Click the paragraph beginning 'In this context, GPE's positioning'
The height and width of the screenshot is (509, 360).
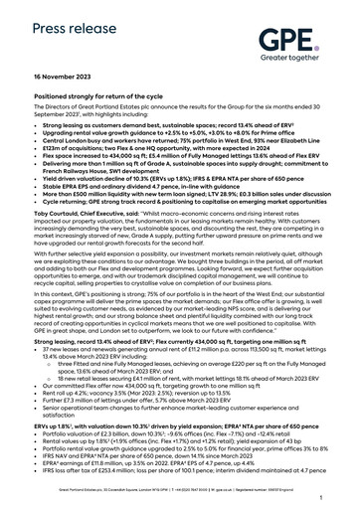click(179, 290)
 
